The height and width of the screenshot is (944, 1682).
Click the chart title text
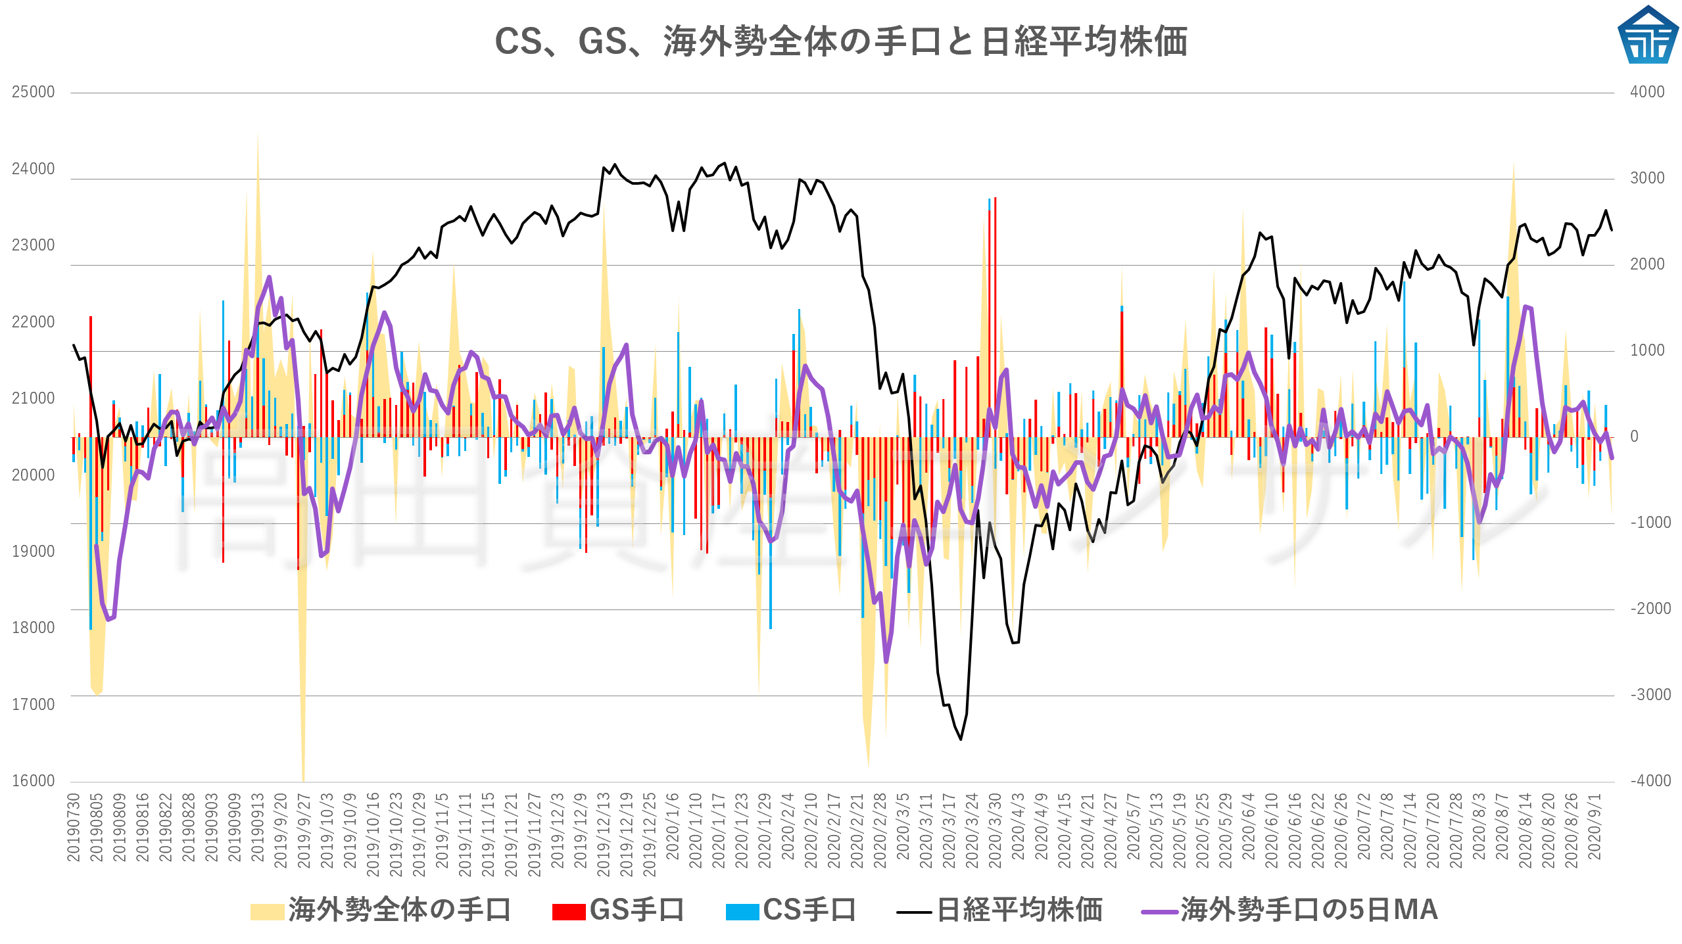[840, 41]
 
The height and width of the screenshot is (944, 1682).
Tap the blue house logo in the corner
[1647, 35]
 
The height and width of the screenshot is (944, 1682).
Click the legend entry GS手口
[618, 910]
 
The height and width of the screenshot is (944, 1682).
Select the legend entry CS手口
[791, 910]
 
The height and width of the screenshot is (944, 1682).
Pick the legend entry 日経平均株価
[999, 910]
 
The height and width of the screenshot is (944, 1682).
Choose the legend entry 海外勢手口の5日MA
[1289, 910]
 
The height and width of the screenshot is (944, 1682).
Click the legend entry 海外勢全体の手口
[381, 910]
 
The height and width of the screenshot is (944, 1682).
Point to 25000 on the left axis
[33, 92]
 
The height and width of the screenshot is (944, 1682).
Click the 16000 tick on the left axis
[33, 781]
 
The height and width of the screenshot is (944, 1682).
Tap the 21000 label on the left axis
[33, 398]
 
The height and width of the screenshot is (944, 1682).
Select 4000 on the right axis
[1647, 92]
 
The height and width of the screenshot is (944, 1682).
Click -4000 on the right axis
[1650, 781]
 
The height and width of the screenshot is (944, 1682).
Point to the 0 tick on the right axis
[1634, 437]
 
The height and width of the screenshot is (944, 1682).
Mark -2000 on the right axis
[1650, 609]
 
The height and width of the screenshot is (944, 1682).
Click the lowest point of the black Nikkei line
[961, 740]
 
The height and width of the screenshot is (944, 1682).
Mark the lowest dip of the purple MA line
[886, 661]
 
